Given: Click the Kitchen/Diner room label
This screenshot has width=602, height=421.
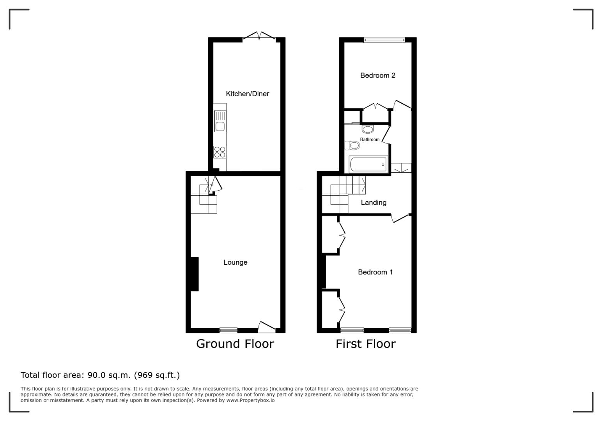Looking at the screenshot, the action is (x=247, y=94).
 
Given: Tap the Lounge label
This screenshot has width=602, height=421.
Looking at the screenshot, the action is (x=235, y=262).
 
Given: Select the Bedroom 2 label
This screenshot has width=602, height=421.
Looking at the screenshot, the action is (x=377, y=76).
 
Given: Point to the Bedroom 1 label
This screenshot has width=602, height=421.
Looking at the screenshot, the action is (x=375, y=272).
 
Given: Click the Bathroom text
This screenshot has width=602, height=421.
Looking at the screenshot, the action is (x=370, y=140).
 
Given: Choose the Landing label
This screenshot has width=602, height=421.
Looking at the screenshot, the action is (x=374, y=203).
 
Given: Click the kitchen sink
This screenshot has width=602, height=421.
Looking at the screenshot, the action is (x=220, y=121).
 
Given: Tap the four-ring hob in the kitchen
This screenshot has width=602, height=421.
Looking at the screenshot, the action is (x=220, y=152).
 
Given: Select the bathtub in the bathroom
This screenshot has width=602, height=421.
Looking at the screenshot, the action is (x=368, y=164).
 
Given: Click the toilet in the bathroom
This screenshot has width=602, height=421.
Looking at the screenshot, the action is (x=352, y=146).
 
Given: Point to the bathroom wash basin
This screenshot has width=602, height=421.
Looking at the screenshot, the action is (x=368, y=129).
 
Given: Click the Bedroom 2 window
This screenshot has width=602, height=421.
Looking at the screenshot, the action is (x=384, y=40).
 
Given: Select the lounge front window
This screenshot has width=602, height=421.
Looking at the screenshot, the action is (x=228, y=331).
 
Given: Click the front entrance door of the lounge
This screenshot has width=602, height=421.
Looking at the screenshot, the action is (x=267, y=327).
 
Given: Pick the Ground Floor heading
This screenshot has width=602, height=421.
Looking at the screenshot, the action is (x=235, y=344).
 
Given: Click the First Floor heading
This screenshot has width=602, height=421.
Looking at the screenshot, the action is (x=365, y=344).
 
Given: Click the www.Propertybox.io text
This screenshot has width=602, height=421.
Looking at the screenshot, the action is (x=250, y=400).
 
